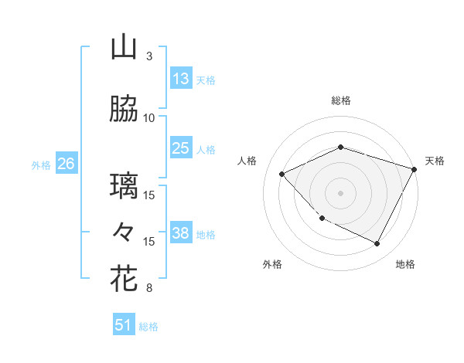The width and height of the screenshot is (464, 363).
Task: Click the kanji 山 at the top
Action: click(124, 48)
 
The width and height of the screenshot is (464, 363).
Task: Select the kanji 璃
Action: click(124, 186)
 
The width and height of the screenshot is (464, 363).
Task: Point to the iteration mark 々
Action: click(124, 232)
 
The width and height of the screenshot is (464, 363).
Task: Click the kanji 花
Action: click(124, 279)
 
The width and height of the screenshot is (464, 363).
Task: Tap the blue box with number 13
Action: click(181, 79)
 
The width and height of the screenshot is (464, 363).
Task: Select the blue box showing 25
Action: click(181, 148)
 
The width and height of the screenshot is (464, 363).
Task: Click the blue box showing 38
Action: click(181, 234)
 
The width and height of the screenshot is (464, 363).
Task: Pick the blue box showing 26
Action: click(67, 164)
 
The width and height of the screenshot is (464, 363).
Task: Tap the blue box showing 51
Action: click(124, 325)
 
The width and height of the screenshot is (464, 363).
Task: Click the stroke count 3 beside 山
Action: click(148, 56)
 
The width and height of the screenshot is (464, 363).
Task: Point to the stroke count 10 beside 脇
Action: click(149, 118)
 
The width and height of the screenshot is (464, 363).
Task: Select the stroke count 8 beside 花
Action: click(148, 288)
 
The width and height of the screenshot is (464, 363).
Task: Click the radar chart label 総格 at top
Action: click(341, 100)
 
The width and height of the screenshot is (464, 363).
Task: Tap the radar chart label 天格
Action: click(435, 161)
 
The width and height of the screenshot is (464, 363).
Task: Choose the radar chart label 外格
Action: click(272, 264)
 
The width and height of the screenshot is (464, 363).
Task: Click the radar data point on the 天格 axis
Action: click(415, 169)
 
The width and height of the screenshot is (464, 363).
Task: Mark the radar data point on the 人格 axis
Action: click(282, 175)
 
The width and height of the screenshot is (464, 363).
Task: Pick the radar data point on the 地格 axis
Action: click(377, 244)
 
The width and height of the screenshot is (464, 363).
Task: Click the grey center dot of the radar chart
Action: click(341, 193)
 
